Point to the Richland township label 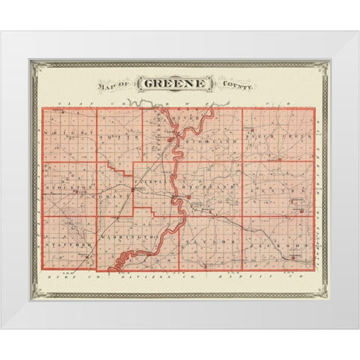(210, 184)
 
